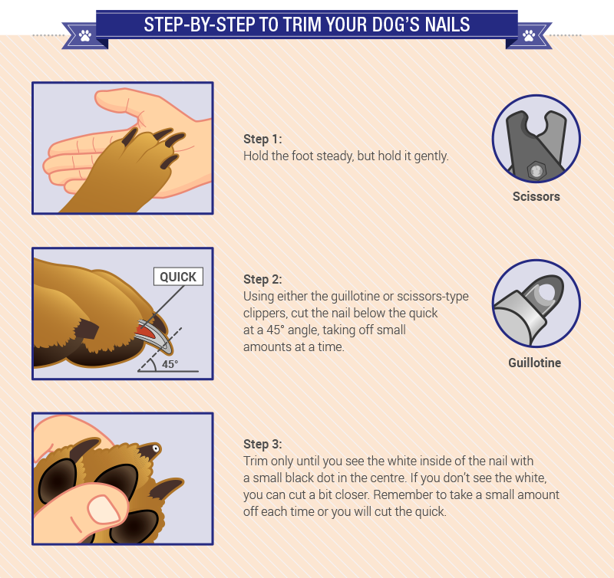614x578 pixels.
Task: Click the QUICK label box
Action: point(178,277)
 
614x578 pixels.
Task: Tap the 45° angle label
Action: point(170,364)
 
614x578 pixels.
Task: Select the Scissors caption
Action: point(536,196)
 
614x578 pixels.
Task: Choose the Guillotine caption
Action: point(534,363)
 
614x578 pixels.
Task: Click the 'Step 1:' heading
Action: point(262,139)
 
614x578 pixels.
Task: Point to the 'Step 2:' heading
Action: point(262,279)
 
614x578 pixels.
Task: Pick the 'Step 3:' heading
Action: point(262,445)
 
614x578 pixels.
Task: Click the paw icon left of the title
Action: point(85,35)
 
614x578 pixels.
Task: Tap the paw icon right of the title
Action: point(529,35)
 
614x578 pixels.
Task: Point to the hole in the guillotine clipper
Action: point(546,294)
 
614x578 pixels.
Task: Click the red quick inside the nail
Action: point(144,332)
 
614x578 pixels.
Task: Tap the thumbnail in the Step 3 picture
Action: point(104,510)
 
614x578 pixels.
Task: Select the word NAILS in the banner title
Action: point(447,25)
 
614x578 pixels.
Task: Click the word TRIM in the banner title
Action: point(302,25)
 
